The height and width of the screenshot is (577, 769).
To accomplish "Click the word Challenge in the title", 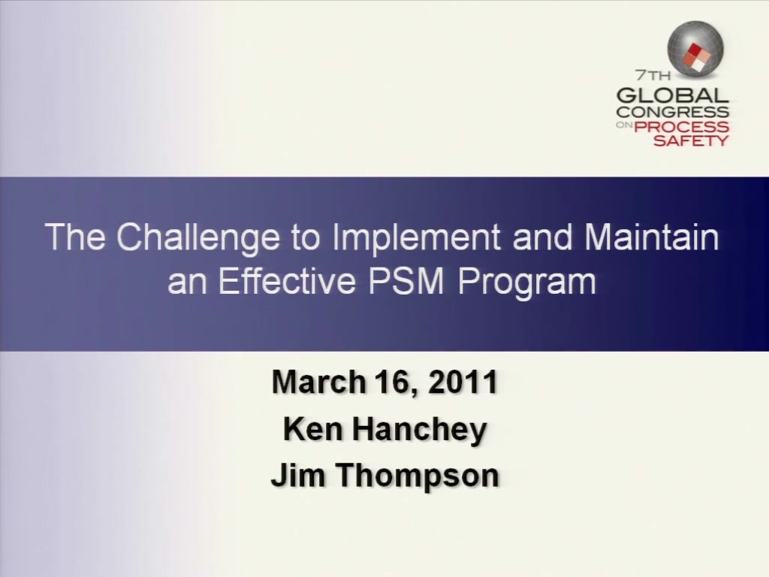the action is coord(198,238).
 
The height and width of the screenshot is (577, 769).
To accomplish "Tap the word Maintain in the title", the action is coord(652,237).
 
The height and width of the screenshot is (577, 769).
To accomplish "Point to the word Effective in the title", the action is coord(287,281).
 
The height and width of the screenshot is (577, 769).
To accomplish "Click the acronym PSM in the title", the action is coord(406,281).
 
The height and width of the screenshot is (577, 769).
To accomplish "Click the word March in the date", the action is coord(318,382).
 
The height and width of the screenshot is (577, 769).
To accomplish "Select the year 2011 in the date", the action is coord(463,382).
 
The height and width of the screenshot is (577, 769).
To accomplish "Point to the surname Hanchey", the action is coord(419,430).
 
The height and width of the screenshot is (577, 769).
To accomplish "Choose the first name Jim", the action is coord(299,476).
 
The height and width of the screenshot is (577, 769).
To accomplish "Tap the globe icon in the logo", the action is coord(695,49).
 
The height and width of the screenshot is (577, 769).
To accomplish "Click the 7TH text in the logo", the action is coord(653,76).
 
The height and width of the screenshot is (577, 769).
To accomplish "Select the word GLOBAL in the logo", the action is coord(672,95).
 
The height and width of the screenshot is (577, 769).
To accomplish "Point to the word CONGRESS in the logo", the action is coord(672,112).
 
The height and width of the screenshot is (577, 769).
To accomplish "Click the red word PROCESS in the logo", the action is coord(681,126).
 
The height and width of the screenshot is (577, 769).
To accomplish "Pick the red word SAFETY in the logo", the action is coord(691,140).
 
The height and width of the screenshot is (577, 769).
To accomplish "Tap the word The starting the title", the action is coord(75,237).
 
